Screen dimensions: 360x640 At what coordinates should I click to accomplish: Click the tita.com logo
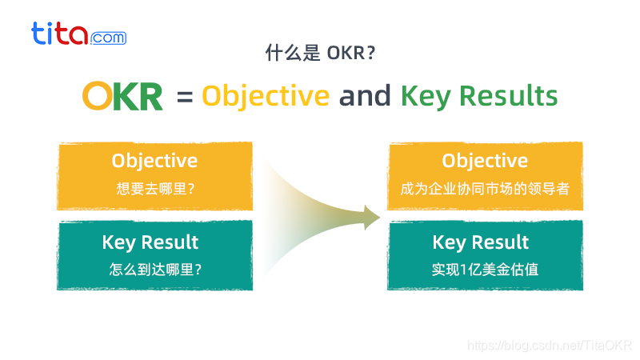click(x=78, y=34)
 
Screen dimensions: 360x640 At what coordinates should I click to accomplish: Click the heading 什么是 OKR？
click(x=320, y=54)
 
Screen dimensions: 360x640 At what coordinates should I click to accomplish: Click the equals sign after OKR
click(x=185, y=98)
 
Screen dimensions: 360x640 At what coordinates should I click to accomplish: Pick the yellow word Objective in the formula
click(x=266, y=96)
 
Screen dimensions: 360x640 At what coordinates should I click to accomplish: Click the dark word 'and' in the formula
click(x=365, y=96)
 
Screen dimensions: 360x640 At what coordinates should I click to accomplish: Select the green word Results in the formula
click(x=509, y=96)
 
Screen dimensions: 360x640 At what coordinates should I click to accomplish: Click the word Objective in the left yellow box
click(x=154, y=160)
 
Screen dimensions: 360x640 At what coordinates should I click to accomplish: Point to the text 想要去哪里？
click(x=154, y=190)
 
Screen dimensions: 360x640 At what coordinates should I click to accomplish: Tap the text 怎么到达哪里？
click(x=154, y=270)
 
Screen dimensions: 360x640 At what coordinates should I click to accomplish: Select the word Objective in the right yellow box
click(x=485, y=160)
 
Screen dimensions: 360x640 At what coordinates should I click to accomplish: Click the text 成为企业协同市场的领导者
click(x=485, y=190)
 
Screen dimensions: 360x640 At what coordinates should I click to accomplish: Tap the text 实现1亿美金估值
click(x=485, y=270)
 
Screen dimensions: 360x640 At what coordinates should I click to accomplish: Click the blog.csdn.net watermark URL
click(x=549, y=345)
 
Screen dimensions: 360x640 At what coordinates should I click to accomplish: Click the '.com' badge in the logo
click(x=108, y=38)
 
